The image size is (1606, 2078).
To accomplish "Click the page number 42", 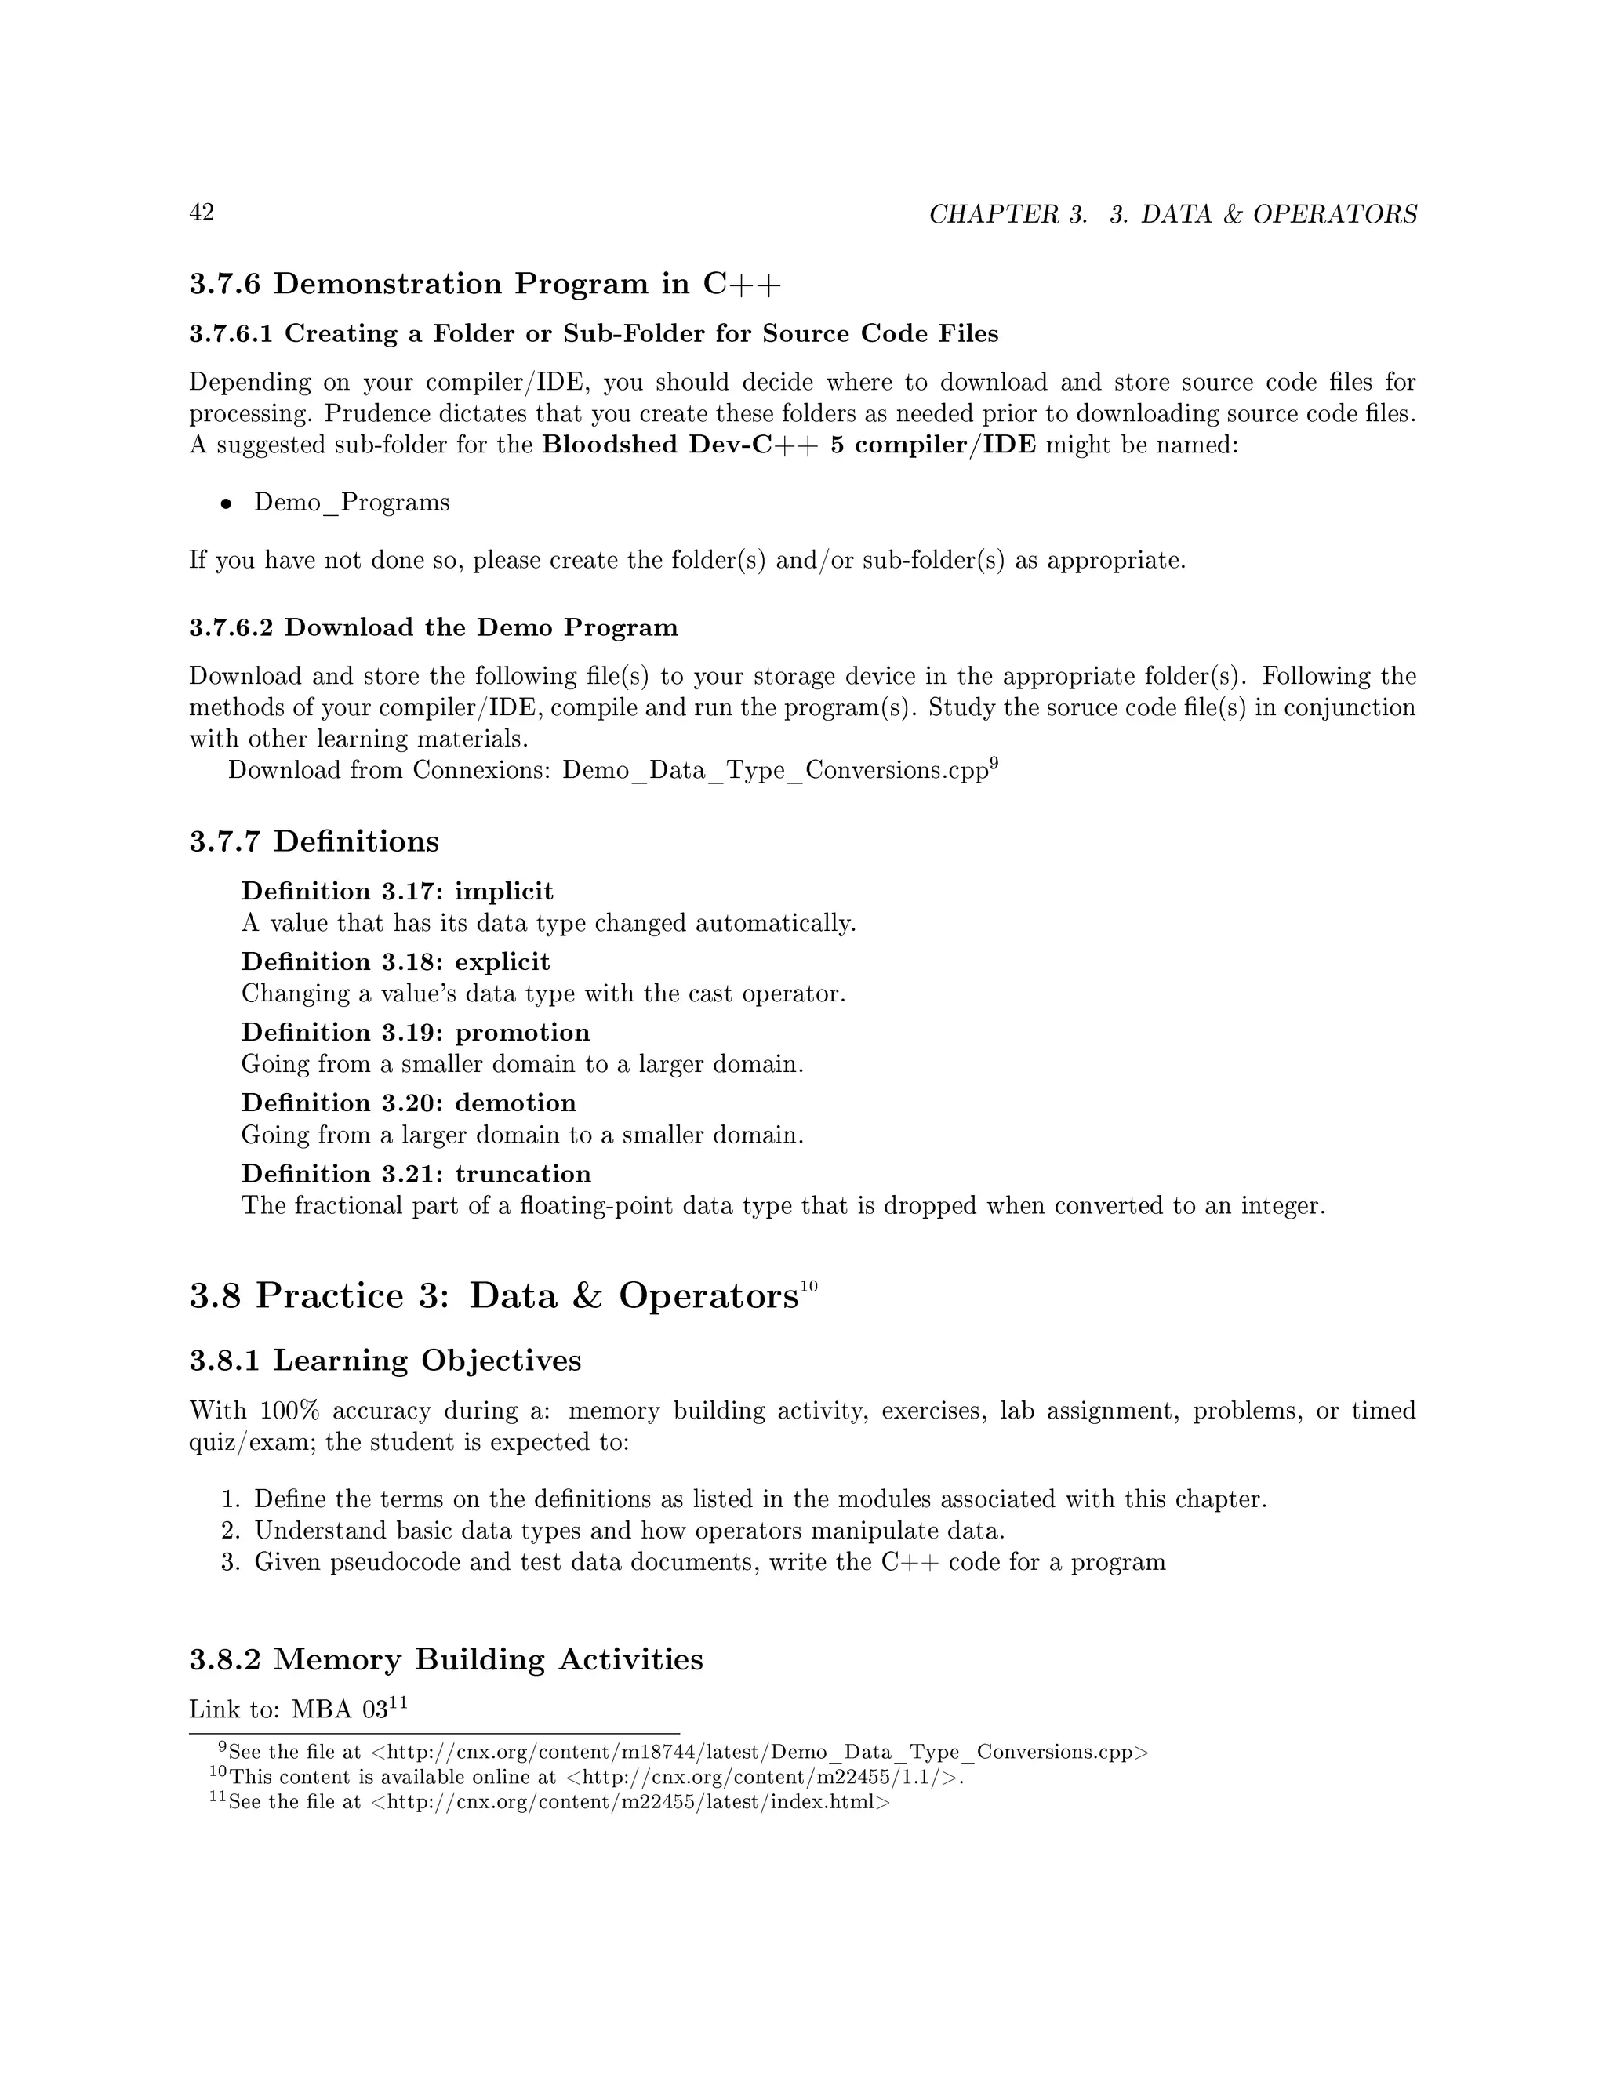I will [x=202, y=213].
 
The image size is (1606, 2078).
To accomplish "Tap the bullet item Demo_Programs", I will [x=351, y=503].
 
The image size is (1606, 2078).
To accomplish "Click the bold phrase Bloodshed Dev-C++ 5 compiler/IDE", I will [x=789, y=445].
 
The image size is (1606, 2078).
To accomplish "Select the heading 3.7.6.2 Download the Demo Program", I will [x=434, y=628].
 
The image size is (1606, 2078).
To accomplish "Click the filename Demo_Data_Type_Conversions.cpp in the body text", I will [x=776, y=770].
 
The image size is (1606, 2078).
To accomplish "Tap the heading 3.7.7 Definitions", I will [x=314, y=841].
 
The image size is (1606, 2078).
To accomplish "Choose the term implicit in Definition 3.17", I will [x=503, y=892].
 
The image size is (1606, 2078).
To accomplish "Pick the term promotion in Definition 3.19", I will [x=522, y=1033].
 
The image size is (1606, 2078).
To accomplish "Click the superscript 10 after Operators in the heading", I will [x=808, y=1286].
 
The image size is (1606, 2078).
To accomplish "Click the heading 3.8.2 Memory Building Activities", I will [x=446, y=1659].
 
